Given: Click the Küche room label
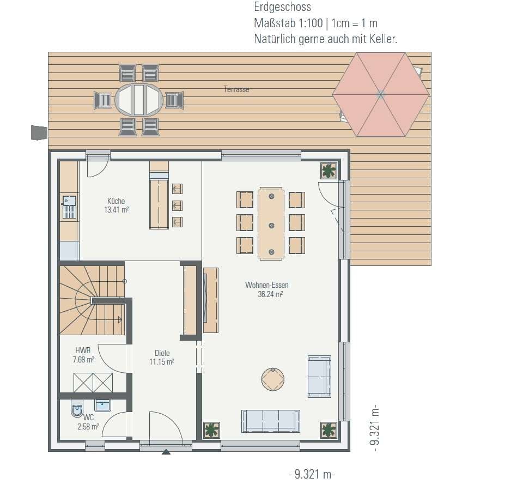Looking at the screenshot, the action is click(x=116, y=201).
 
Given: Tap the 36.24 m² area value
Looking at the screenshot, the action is click(x=270, y=294).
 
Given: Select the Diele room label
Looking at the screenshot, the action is click(x=162, y=353).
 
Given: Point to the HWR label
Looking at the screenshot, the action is click(x=83, y=350).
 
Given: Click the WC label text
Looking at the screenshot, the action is click(x=88, y=417).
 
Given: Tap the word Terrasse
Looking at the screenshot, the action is click(x=236, y=89).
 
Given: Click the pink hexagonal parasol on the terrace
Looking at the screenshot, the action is click(x=381, y=95).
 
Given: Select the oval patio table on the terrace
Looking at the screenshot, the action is click(x=139, y=100).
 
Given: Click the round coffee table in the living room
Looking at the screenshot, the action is click(x=273, y=379).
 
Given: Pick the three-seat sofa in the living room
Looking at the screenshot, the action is click(x=271, y=421).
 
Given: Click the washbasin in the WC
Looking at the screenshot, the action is click(x=102, y=406).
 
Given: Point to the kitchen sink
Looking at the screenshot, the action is click(x=69, y=201).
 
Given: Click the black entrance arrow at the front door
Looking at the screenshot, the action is click(x=166, y=452).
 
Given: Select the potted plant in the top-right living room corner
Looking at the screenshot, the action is click(x=328, y=171).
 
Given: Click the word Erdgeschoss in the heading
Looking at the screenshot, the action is click(x=283, y=7).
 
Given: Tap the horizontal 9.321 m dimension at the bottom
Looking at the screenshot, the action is click(x=312, y=474).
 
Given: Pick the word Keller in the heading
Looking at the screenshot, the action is click(x=384, y=39).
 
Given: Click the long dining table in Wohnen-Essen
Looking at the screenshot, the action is click(x=271, y=223).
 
